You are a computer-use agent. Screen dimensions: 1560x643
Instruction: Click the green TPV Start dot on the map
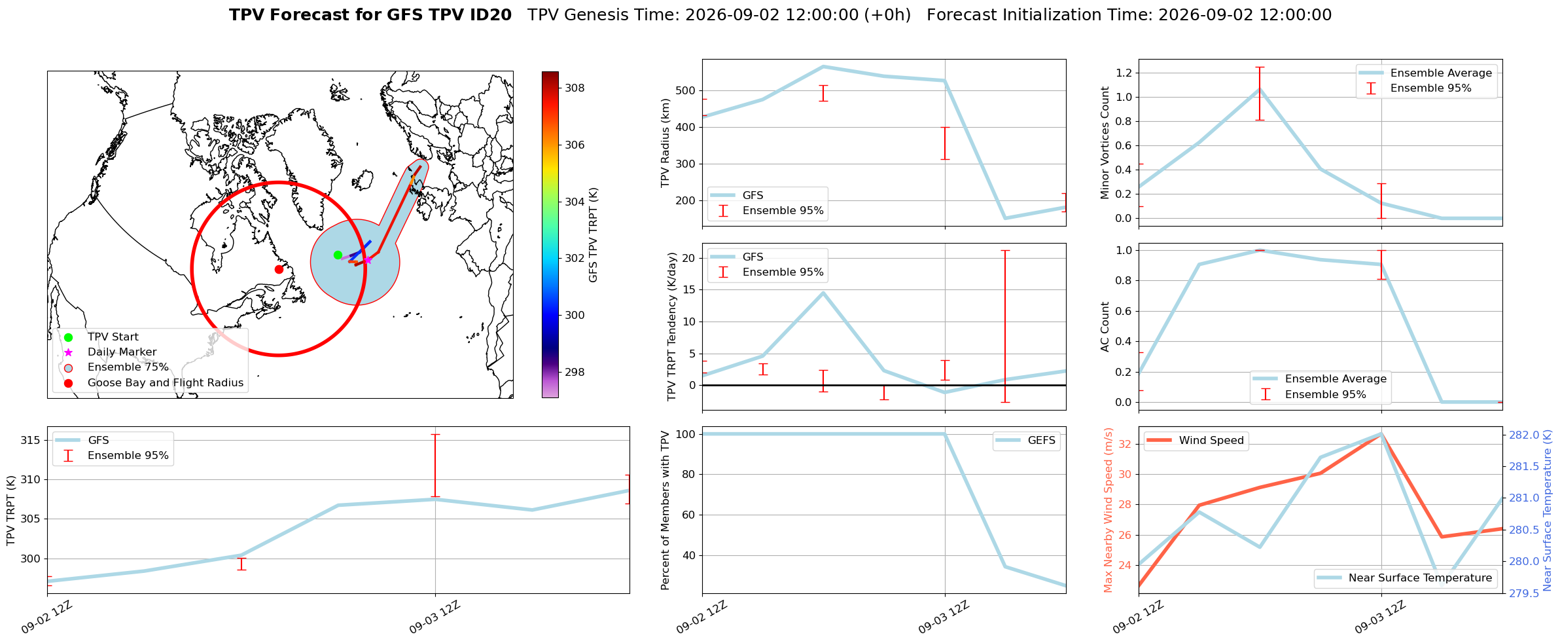[338, 255]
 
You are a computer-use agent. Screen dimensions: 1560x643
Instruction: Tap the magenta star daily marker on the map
[368, 260]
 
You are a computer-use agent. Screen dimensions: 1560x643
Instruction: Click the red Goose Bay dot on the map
[279, 269]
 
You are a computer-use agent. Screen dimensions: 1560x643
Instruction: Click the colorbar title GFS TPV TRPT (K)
[594, 235]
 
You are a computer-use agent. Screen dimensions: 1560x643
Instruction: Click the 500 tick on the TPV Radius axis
[684, 91]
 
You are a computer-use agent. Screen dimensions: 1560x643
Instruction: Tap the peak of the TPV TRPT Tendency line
[823, 293]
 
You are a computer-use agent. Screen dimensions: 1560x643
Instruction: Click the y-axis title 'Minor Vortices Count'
[1105, 143]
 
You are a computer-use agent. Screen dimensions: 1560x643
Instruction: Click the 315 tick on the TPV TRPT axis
[30, 441]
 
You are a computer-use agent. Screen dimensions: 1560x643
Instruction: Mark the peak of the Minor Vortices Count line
[1260, 90]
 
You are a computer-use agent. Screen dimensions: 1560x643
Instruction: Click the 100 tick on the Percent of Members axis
[684, 434]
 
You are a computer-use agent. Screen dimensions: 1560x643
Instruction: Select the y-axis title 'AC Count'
[1105, 327]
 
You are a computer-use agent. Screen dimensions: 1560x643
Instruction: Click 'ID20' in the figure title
[491, 15]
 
